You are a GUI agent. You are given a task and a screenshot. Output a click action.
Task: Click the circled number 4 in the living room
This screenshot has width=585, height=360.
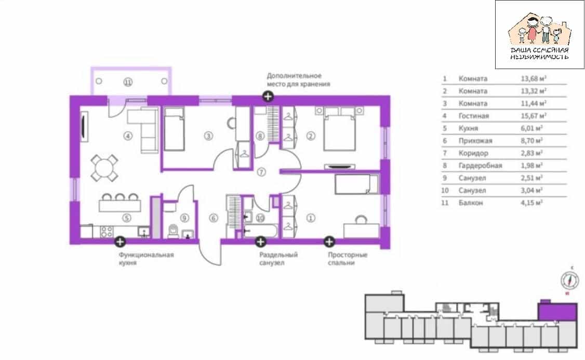128,136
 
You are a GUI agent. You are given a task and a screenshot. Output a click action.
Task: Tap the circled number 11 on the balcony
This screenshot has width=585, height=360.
128,82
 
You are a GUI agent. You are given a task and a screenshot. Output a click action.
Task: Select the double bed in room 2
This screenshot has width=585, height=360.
339,129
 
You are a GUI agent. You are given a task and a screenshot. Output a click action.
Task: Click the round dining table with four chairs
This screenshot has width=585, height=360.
104,168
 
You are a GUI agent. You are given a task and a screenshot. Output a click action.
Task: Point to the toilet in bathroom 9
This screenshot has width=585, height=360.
174,231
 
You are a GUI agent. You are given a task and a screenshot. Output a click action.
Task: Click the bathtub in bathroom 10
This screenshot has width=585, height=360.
260,231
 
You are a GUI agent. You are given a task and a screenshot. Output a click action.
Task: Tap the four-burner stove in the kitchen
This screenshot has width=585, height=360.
107,232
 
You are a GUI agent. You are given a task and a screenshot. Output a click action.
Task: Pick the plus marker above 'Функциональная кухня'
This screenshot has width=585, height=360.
120,242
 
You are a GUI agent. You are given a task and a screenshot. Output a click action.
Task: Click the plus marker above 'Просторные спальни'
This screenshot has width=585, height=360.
329,242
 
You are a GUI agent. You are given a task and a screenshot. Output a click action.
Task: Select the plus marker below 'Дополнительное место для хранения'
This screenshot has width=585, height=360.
268,97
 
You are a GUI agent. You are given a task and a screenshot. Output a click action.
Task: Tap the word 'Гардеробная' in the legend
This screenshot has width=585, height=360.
480,165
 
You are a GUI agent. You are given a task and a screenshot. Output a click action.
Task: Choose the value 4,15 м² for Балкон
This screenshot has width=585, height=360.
531,203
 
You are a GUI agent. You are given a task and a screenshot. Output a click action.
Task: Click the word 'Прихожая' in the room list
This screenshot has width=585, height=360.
475,141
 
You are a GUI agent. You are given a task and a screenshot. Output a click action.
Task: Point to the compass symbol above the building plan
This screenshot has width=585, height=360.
570,280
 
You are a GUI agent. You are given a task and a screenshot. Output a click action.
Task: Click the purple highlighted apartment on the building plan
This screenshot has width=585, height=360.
557,312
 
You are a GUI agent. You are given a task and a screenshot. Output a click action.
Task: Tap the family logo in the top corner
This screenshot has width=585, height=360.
539,35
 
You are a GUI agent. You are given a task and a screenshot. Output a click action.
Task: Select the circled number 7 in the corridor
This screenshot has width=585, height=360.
261,172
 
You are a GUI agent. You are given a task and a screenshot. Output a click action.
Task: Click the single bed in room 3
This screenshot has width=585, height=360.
174,129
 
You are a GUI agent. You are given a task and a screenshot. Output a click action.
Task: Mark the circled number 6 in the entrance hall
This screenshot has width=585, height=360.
213,218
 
